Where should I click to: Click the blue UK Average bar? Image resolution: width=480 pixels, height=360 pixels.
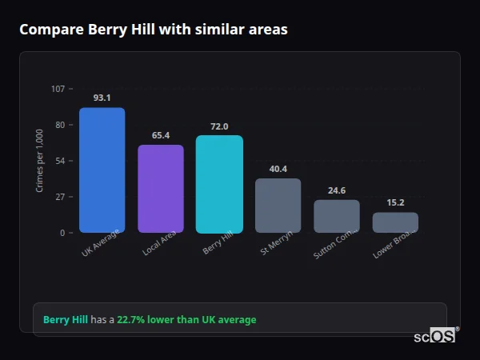[102, 170]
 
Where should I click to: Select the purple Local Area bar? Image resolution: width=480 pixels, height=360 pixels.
[160, 189]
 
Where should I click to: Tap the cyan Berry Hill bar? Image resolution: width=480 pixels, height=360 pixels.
[219, 184]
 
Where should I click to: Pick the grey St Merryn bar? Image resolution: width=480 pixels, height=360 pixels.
[278, 206]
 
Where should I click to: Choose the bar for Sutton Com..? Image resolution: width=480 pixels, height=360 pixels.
[336, 216]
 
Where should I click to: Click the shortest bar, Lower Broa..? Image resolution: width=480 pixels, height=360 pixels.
[395, 222]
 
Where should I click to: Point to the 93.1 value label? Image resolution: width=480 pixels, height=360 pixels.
[102, 98]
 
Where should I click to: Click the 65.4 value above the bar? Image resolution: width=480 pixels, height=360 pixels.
[160, 135]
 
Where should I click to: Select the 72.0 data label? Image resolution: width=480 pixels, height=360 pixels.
[219, 126]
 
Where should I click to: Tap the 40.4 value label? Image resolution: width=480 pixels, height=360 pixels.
[278, 169]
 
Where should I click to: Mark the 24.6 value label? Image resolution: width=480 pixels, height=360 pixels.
[336, 190]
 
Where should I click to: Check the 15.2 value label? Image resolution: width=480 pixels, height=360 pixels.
[395, 202]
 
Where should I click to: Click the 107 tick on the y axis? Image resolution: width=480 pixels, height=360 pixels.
[58, 89]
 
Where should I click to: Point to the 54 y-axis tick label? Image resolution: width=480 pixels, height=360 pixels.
[60, 161]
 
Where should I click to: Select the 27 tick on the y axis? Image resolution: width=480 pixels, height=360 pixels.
[60, 197]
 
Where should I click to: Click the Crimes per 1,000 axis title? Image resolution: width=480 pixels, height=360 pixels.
[40, 160]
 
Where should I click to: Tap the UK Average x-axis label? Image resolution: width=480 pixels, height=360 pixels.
[101, 243]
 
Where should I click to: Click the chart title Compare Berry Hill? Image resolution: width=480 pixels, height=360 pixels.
[153, 30]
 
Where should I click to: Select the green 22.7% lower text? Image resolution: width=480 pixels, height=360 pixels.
[186, 320]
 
